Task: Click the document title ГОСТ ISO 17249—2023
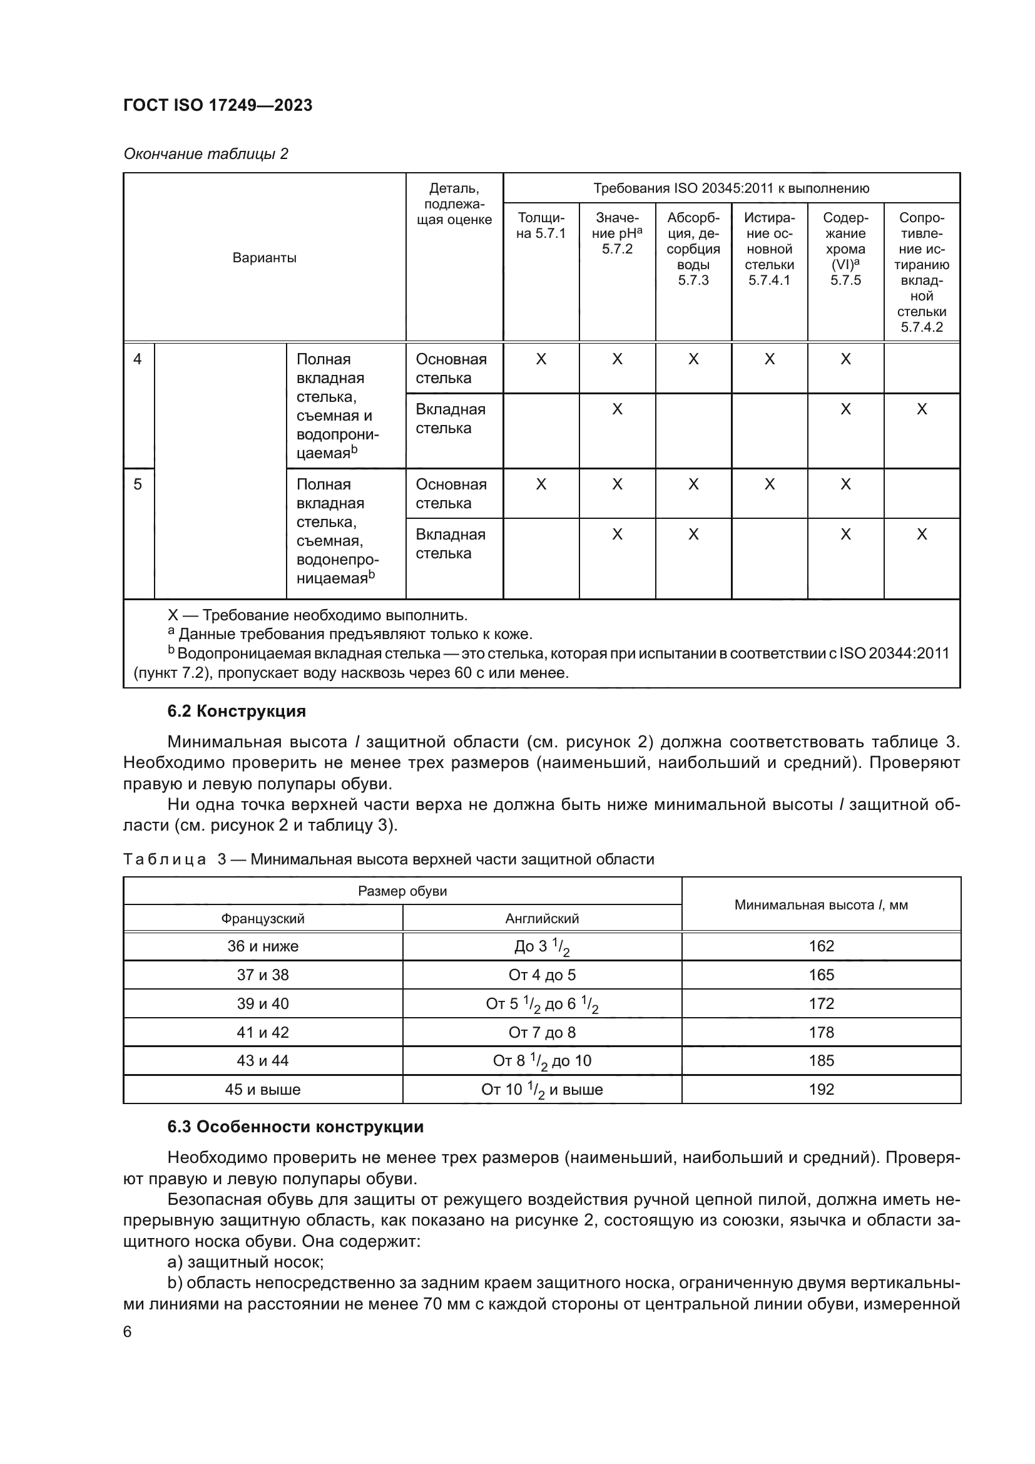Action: (217, 105)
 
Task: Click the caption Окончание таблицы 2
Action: (205, 154)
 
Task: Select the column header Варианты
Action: (264, 258)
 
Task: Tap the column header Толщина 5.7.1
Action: (541, 226)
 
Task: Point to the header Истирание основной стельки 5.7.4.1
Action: (769, 248)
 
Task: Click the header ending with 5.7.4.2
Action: (922, 272)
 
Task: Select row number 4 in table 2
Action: (138, 359)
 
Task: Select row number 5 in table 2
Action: (138, 484)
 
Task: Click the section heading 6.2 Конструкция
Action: (237, 711)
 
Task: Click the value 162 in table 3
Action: (821, 946)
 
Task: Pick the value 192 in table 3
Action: (821, 1089)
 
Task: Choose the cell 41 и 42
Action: (263, 1031)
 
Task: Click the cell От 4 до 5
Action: (542, 975)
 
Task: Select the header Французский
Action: (263, 918)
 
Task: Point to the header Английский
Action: (542, 918)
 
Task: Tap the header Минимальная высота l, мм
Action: (821, 904)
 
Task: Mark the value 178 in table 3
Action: (821, 1031)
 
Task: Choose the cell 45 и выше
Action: (263, 1089)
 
